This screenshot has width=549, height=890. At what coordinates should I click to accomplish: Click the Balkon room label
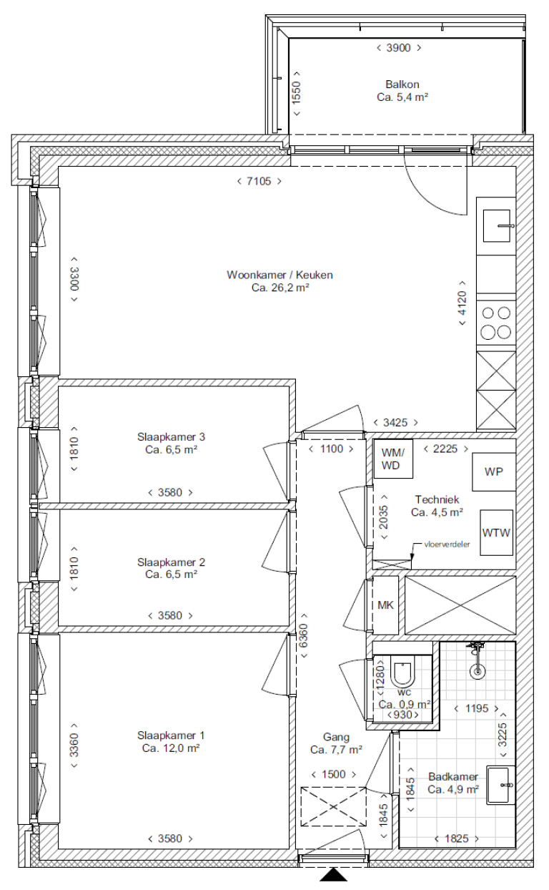click(x=402, y=84)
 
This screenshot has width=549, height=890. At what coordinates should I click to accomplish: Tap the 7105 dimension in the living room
click(x=259, y=181)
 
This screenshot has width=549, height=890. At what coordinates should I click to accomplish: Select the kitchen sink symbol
click(x=496, y=226)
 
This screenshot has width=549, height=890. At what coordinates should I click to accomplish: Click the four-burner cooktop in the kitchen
click(x=496, y=322)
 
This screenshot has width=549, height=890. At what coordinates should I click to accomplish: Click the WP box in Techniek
click(x=494, y=472)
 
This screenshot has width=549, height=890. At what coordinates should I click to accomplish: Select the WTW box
click(x=496, y=533)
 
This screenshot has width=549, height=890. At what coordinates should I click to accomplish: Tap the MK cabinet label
click(x=385, y=605)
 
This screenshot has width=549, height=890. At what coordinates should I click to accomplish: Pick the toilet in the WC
click(x=404, y=673)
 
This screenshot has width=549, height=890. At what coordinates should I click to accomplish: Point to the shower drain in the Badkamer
click(x=478, y=672)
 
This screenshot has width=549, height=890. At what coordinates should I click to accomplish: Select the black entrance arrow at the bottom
click(x=333, y=875)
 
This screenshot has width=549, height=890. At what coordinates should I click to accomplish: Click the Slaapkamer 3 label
click(x=171, y=436)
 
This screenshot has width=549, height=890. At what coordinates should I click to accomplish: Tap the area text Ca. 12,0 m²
click(x=171, y=748)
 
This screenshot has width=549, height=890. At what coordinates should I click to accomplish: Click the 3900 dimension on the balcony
click(x=399, y=48)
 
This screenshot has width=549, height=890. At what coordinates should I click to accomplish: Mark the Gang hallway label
click(x=336, y=737)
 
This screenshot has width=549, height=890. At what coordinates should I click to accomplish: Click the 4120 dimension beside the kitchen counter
click(x=462, y=303)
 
